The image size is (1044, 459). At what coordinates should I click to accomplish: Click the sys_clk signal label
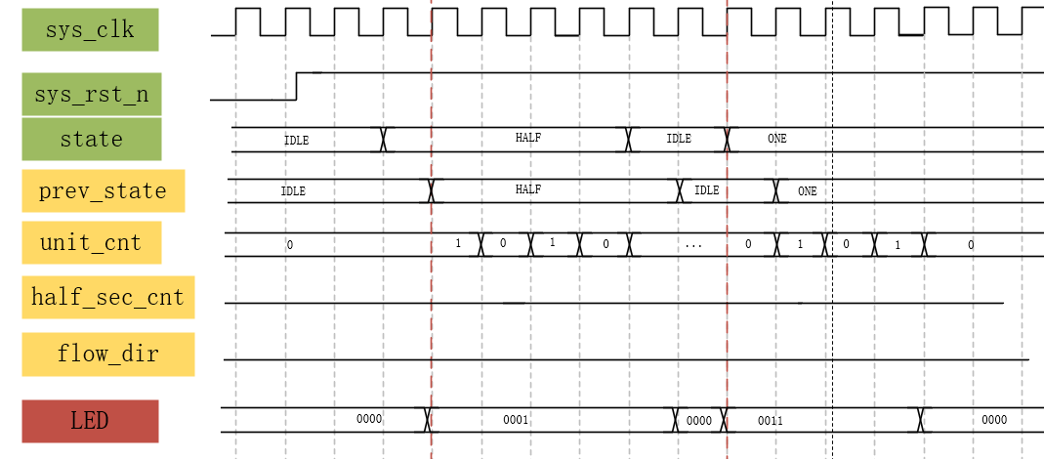(90, 29)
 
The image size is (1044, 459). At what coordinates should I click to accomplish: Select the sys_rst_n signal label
(91, 95)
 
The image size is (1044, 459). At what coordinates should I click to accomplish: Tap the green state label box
(91, 139)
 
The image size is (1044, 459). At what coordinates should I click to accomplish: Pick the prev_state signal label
(103, 190)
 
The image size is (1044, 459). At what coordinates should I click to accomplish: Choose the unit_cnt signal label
(91, 242)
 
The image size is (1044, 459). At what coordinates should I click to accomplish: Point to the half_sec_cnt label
(107, 297)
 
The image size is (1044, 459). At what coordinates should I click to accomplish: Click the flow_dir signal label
(107, 354)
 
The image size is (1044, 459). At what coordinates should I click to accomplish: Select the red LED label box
(90, 421)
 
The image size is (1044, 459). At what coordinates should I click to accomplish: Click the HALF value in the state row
(527, 138)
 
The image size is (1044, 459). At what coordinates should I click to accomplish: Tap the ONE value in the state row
(776, 139)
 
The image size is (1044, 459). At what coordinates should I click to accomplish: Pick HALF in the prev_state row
(527, 189)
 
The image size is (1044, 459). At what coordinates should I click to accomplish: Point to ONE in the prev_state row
(807, 191)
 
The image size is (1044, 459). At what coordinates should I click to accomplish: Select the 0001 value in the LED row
(516, 420)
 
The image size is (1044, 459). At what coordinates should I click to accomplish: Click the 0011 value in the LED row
(771, 420)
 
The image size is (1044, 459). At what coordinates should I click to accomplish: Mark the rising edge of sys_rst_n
(297, 86)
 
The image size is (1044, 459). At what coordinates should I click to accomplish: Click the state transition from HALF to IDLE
(628, 139)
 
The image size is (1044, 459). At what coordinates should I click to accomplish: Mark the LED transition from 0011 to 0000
(921, 420)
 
